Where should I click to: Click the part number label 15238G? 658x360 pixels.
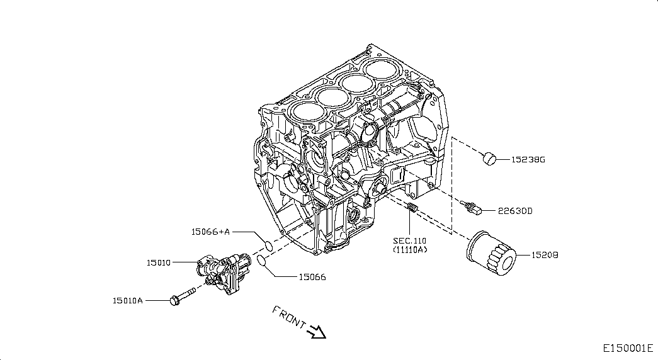[x=528, y=160]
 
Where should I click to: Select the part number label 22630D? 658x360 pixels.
[x=515, y=211]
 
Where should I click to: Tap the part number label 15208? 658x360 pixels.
[x=545, y=256]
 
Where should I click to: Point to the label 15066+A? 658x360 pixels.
[x=210, y=232]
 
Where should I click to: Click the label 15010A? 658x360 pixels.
[x=128, y=301]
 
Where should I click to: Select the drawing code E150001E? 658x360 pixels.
[x=628, y=348]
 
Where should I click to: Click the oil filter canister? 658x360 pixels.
[x=491, y=254]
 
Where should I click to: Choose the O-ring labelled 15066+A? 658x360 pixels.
[x=267, y=245]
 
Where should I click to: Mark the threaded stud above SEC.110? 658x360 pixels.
[x=412, y=208]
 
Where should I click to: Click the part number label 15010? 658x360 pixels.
[x=159, y=262]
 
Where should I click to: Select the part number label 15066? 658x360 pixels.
[x=312, y=276]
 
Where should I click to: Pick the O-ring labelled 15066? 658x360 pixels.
[x=259, y=261]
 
